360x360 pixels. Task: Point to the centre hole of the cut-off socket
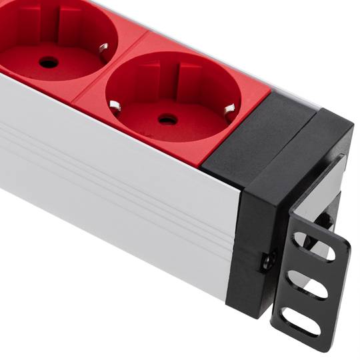48,62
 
